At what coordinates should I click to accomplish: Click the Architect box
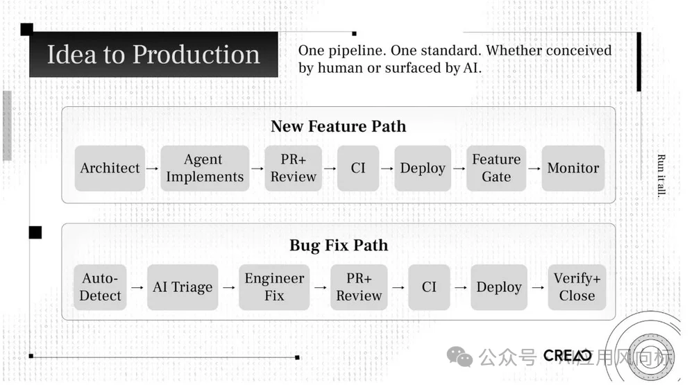click(x=110, y=168)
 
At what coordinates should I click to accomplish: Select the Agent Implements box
click(x=205, y=168)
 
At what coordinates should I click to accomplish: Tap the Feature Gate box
click(x=496, y=168)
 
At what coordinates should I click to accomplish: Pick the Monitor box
click(x=573, y=168)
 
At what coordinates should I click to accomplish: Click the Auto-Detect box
click(x=101, y=287)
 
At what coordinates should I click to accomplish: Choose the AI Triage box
click(x=183, y=287)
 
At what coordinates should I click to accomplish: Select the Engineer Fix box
click(x=274, y=287)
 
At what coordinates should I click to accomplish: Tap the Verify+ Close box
click(x=577, y=287)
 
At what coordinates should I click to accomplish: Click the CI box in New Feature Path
click(x=358, y=168)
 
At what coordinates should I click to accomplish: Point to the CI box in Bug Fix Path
click(x=429, y=287)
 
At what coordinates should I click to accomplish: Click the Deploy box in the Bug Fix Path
click(x=499, y=287)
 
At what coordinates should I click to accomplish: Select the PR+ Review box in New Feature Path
click(x=293, y=168)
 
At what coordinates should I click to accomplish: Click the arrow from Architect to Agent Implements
click(x=153, y=168)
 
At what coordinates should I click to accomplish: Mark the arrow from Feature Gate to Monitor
click(x=534, y=168)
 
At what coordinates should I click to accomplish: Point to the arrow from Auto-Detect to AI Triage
click(x=137, y=287)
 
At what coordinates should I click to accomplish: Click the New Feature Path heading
click(x=338, y=126)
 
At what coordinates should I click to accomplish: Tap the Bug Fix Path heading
click(x=338, y=246)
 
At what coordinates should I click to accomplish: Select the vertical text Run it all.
click(x=661, y=176)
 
